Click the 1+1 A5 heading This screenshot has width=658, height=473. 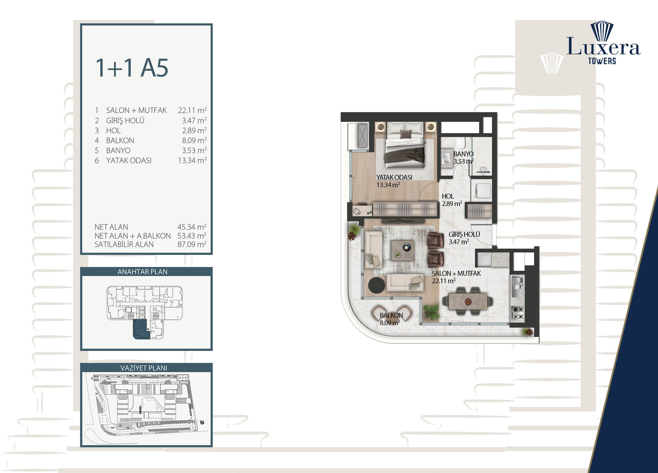[x=132, y=68]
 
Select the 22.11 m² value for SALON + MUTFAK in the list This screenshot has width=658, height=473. [x=192, y=110]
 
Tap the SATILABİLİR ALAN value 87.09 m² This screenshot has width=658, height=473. [x=192, y=244]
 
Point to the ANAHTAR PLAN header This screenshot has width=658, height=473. [x=143, y=272]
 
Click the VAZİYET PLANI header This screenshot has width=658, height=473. [x=144, y=368]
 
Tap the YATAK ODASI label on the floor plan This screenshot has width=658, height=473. [x=394, y=177]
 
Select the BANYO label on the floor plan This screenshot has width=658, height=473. [x=463, y=154]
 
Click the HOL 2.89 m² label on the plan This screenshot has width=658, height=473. [x=452, y=200]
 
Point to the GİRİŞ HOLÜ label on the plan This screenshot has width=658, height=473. [x=464, y=234]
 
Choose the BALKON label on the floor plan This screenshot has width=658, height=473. [x=391, y=315]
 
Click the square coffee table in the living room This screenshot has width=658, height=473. [x=402, y=251]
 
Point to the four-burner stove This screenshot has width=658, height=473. [x=517, y=313]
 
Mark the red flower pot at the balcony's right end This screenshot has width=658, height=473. [x=528, y=332]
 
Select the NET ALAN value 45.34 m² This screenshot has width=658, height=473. [x=192, y=227]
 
